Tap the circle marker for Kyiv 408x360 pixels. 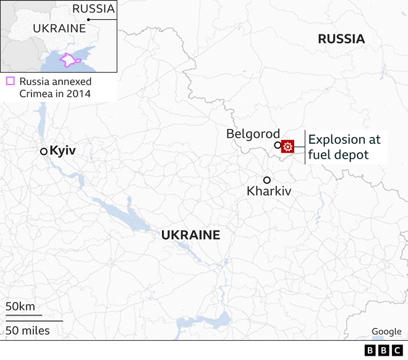[x=43, y=151]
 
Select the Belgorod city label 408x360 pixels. [x=253, y=133]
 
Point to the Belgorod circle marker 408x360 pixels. [x=278, y=146]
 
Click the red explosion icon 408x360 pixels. [x=287, y=146]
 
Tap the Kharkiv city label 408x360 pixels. [x=268, y=191]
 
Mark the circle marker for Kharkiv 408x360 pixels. [x=266, y=180]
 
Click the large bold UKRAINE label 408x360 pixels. [x=190, y=235]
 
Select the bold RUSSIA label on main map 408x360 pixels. [x=341, y=39]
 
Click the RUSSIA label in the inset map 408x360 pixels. [x=93, y=9]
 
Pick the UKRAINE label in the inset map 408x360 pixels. [x=59, y=29]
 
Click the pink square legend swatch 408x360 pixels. [x=10, y=81]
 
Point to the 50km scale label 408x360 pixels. [x=20, y=307]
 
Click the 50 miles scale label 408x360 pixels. [x=28, y=330]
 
